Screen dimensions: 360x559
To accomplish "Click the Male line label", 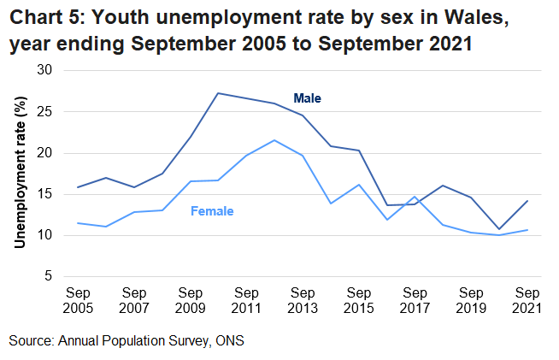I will (x=307, y=99).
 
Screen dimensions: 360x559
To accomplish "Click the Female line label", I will (x=212, y=210).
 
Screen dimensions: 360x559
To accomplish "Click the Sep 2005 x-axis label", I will (x=78, y=298).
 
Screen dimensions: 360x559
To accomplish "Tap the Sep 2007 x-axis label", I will (x=134, y=298).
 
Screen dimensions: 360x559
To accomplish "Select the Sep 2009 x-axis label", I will (x=191, y=298).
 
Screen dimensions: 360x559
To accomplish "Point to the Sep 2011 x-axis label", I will (x=247, y=298).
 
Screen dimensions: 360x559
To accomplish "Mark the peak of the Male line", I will (x=219, y=93).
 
